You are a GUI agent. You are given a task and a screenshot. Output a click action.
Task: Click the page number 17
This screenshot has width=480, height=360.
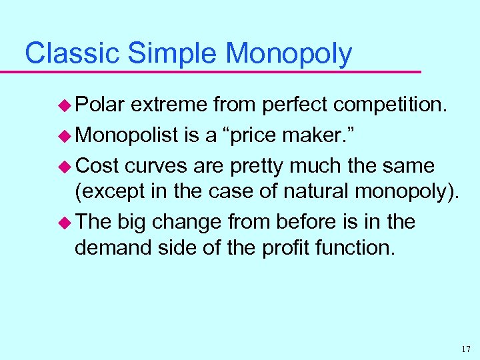click(465, 348)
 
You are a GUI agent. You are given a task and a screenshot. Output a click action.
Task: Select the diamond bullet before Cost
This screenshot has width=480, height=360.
click(66, 165)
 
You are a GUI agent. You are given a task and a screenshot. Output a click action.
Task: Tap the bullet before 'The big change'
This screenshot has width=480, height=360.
click(66, 221)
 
